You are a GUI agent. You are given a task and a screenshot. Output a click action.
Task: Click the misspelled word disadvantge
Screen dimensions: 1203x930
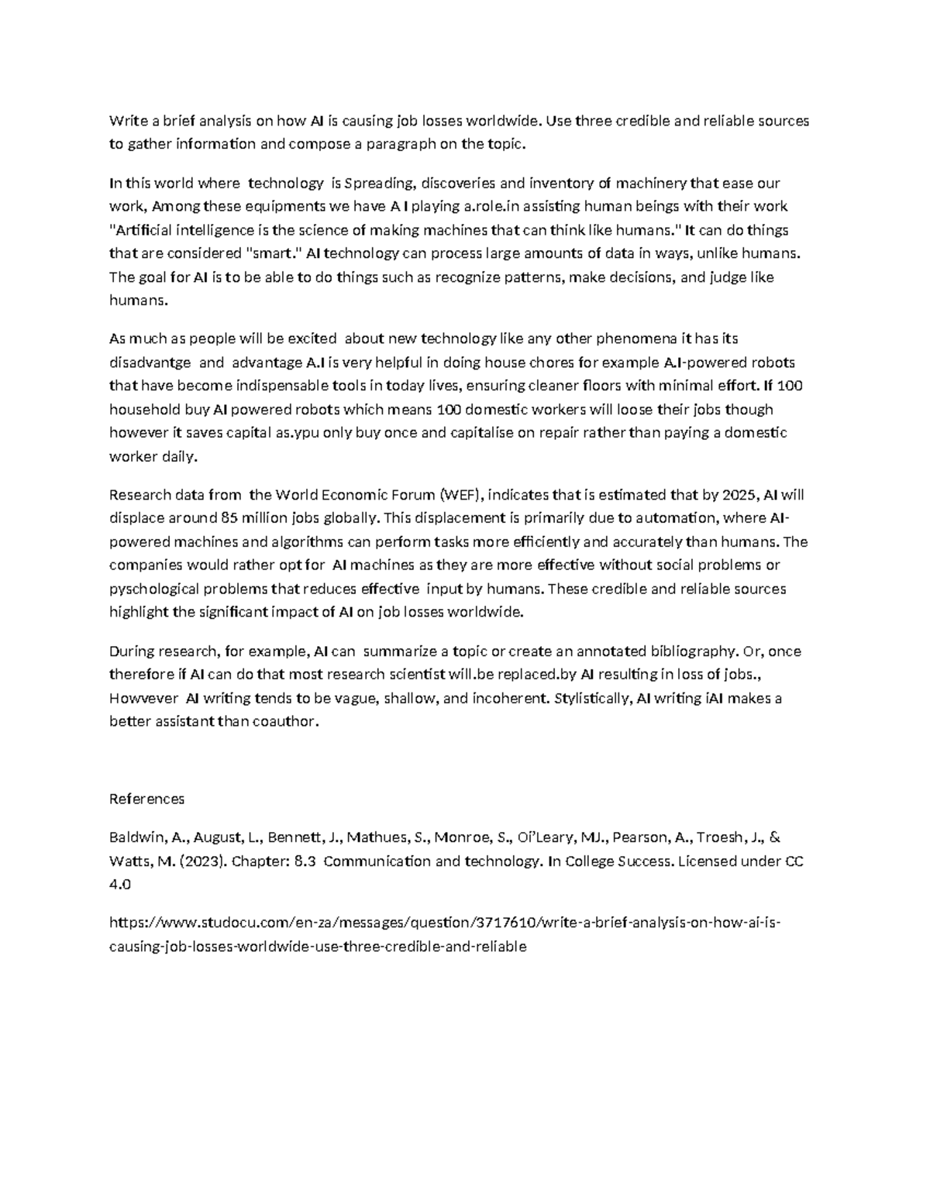pos(150,363)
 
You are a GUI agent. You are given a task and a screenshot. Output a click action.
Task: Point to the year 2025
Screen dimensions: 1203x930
pos(739,495)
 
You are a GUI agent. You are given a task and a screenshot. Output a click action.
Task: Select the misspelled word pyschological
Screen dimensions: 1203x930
pos(158,589)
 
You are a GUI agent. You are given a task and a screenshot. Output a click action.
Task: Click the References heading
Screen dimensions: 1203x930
pos(147,799)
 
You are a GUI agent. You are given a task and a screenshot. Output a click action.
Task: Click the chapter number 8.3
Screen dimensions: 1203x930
pos(305,861)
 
